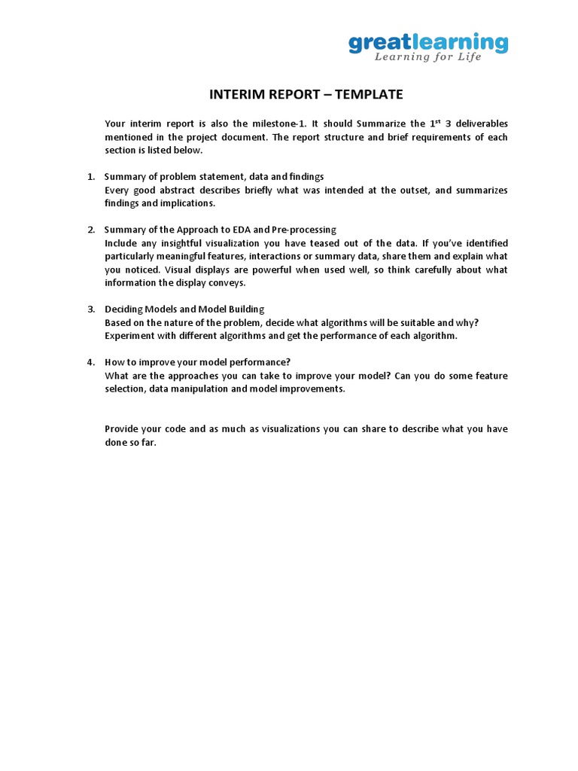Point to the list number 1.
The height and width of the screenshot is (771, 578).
click(90, 177)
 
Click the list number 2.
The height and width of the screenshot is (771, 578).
click(90, 230)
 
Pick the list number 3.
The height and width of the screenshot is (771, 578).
click(90, 309)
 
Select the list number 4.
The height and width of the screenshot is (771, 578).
click(90, 362)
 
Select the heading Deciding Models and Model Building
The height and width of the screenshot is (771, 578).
click(184, 309)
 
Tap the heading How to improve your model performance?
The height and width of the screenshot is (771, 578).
click(197, 362)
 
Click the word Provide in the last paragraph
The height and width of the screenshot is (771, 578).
click(123, 429)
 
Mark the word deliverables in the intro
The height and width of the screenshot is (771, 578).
click(479, 124)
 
